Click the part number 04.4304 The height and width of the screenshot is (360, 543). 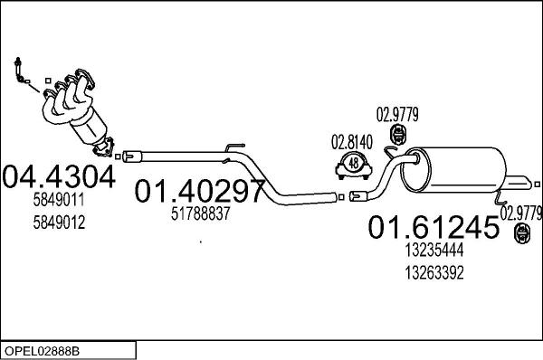[59, 176]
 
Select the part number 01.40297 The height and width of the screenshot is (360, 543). [200, 191]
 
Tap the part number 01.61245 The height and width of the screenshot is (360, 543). [433, 227]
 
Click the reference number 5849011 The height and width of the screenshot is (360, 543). [59, 200]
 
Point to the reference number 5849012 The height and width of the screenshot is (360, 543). [59, 223]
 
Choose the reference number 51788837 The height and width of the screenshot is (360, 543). [201, 213]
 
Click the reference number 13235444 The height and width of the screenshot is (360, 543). [434, 250]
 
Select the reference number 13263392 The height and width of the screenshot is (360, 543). [434, 273]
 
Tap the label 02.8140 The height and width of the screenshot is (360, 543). [352, 142]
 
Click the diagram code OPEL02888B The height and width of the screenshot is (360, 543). [42, 351]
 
